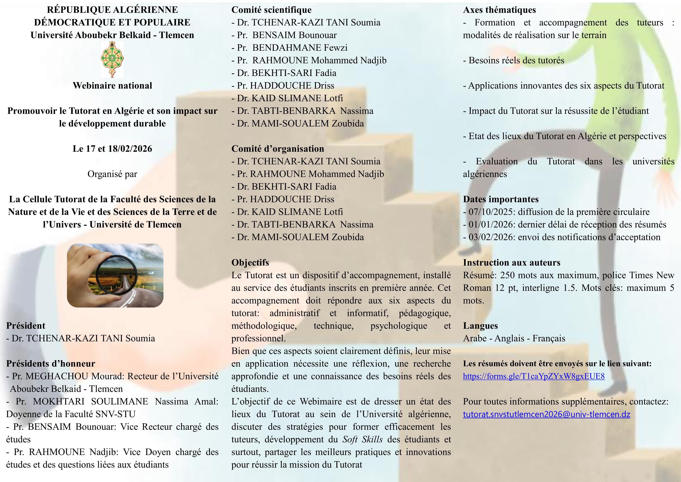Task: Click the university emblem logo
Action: pyautogui.click(x=112, y=59)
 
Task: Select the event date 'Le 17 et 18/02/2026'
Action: pyautogui.click(x=112, y=149)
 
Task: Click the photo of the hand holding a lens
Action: pyautogui.click(x=115, y=275)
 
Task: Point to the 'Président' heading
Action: pyautogui.click(x=26, y=326)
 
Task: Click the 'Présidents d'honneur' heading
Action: pyautogui.click(x=51, y=363)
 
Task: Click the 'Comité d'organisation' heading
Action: pyautogui.click(x=278, y=149)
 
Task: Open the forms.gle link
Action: pyautogui.click(x=534, y=376)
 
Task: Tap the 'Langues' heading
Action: pyautogui.click(x=480, y=326)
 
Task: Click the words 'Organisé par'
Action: pyautogui.click(x=112, y=174)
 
